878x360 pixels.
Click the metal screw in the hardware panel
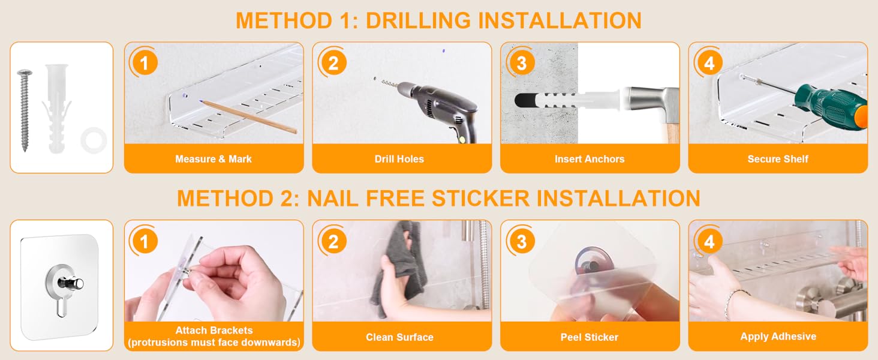click(25, 110)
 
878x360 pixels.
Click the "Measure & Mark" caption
click(214, 159)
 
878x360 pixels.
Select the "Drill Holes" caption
click(399, 159)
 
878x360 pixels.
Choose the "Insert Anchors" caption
click(590, 159)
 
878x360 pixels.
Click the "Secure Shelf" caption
click(778, 159)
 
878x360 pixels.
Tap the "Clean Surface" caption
click(400, 337)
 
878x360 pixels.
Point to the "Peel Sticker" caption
click(590, 337)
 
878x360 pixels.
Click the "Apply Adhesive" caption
click(778, 337)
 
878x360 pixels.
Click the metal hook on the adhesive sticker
click(71, 283)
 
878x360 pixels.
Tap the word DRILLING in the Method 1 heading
click(418, 20)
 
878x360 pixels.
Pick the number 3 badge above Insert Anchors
click(521, 63)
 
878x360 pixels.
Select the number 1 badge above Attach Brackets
click(145, 241)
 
